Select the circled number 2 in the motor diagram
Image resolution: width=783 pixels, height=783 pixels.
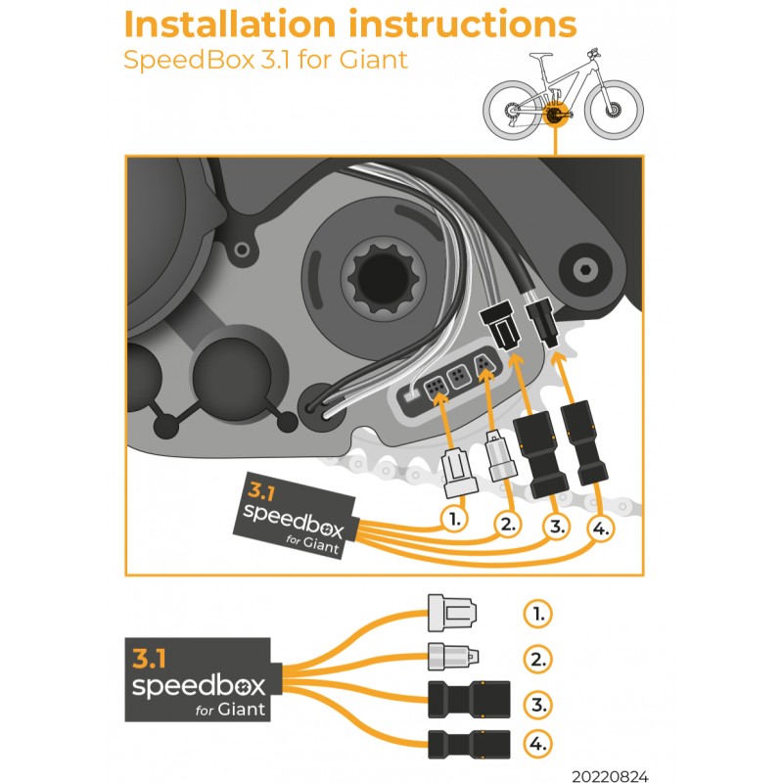point(505,525)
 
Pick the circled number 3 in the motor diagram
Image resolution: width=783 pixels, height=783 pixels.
point(555,528)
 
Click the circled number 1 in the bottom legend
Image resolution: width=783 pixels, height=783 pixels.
point(536,615)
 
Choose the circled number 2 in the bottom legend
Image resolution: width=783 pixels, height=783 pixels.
point(536,659)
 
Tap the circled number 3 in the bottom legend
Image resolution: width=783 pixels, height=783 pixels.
point(536,703)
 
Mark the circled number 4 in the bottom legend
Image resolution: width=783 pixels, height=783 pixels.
point(536,745)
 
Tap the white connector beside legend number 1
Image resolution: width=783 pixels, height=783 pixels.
point(453,615)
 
